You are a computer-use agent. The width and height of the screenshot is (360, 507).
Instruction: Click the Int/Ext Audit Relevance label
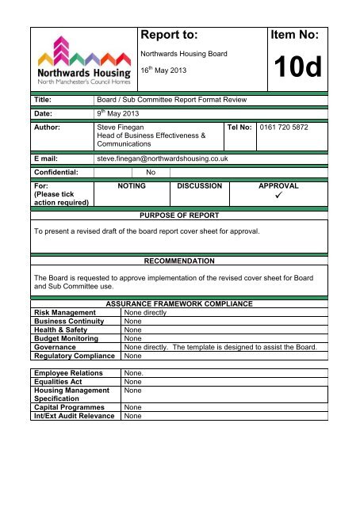tap(74, 415)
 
